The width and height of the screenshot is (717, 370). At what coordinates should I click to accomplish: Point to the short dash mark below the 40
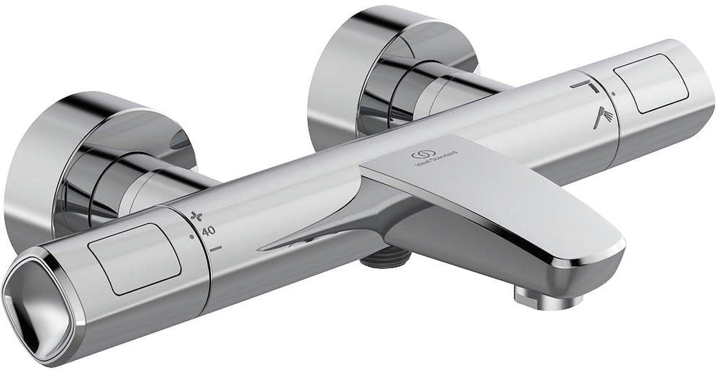[216, 246]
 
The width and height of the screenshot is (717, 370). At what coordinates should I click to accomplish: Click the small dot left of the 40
[191, 237]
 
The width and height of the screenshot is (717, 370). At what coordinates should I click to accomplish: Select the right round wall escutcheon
[382, 66]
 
